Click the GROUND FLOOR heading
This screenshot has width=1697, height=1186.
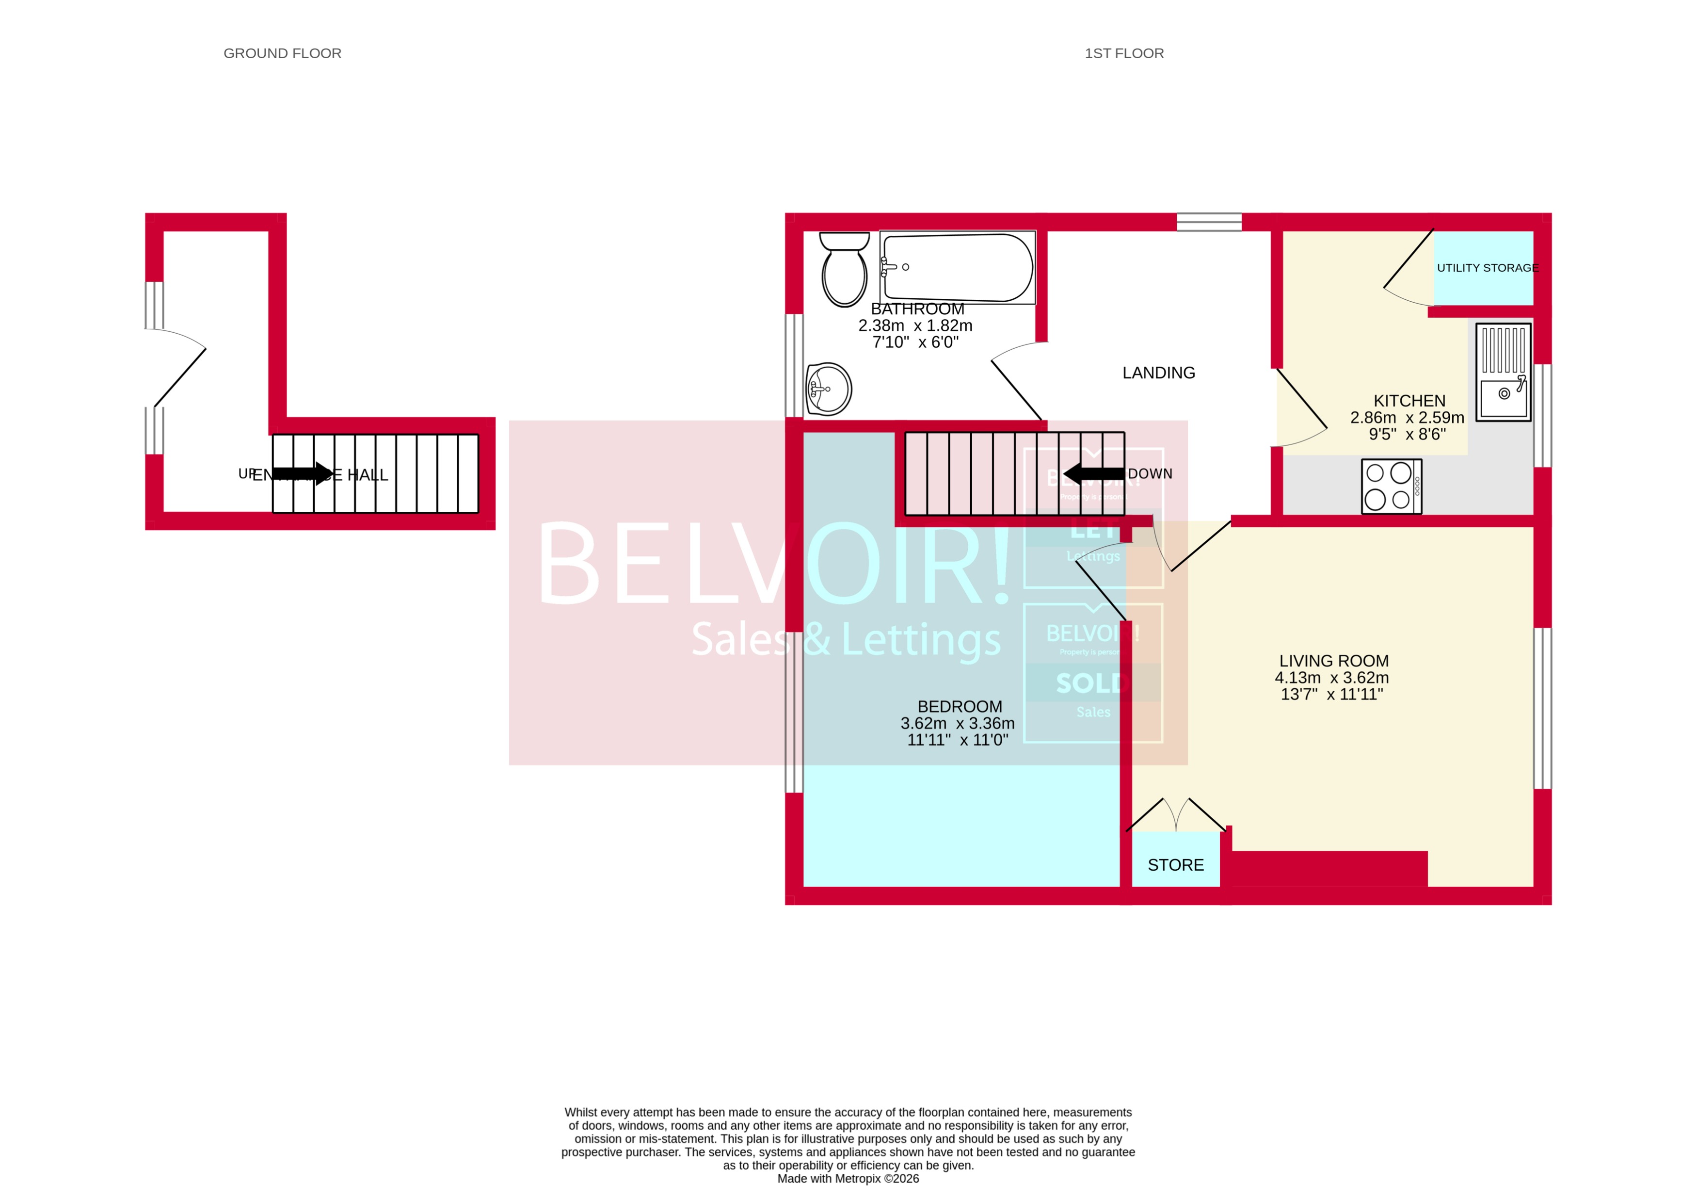coord(282,53)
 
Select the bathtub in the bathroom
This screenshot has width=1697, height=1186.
coord(957,267)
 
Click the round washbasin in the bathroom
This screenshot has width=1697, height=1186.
coord(829,389)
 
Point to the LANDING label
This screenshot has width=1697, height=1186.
coord(1158,373)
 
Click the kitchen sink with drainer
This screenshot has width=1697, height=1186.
coord(1504,372)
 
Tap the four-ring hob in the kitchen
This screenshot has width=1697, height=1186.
coord(1391,487)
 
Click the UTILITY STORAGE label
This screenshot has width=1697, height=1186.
coord(1487,268)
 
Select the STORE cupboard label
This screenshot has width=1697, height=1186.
coord(1175,864)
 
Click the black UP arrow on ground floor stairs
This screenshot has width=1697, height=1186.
coord(303,473)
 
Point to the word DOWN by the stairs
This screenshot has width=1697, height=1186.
coord(1150,473)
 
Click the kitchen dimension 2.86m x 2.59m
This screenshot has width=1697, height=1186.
coord(1407,417)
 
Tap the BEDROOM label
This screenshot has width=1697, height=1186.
coord(960,706)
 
